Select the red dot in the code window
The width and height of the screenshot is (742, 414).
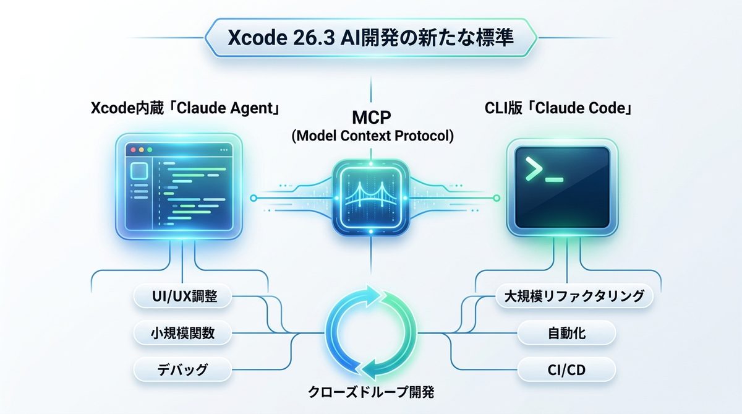(130, 150)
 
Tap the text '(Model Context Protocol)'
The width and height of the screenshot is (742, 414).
(372, 136)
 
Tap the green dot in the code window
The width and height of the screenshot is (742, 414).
(149, 150)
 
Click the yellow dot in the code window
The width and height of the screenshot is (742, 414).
(140, 150)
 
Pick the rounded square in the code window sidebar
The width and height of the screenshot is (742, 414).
(139, 171)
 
